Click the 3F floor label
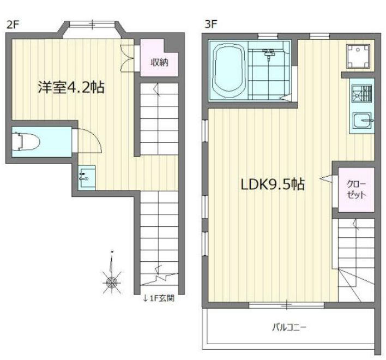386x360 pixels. tap(211, 24)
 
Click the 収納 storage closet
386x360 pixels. tap(160, 62)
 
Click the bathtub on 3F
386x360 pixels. tap(230, 69)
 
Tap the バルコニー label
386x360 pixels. tap(289, 328)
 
